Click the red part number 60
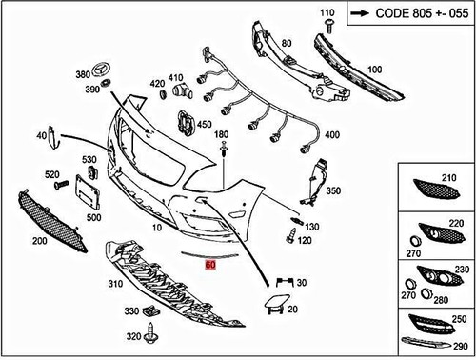point(209,269)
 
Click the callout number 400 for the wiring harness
point(332,136)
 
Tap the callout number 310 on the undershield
point(117,284)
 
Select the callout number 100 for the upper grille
point(374,70)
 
